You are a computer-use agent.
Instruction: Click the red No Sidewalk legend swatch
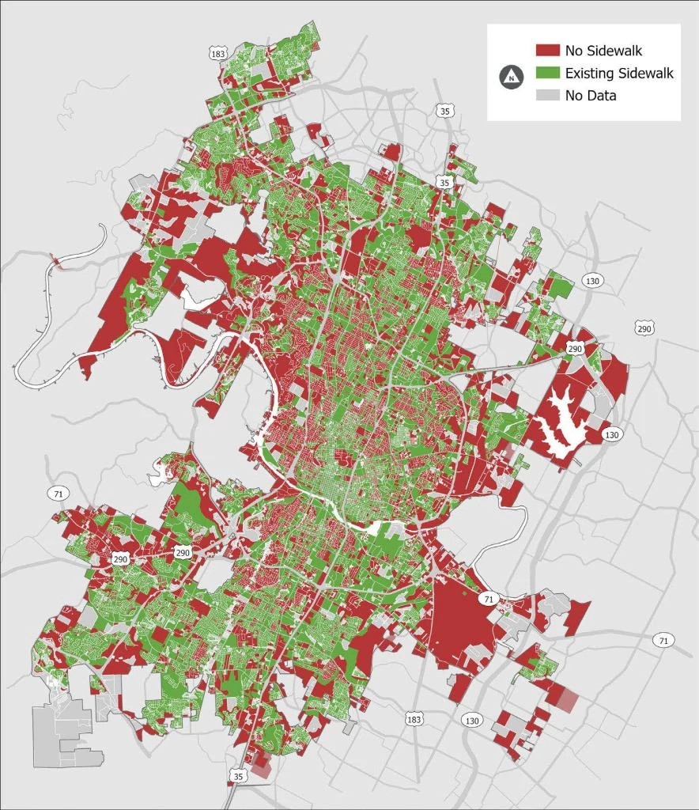pos(547,51)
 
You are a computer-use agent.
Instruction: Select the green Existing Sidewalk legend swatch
pos(547,74)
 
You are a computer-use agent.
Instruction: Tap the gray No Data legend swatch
pos(547,96)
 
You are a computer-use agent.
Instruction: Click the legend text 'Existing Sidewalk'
pos(619,74)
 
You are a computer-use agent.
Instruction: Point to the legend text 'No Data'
pos(591,96)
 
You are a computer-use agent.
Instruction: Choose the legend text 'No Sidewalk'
pos(603,51)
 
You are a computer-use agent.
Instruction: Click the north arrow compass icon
pos(512,77)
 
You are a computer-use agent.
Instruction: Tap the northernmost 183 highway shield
pos(218,53)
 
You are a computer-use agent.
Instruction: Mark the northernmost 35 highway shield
pos(444,112)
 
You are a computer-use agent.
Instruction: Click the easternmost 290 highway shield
pos(644,327)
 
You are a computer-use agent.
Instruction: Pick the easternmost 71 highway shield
pos(663,639)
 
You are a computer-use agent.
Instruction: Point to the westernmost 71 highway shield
pos(57,494)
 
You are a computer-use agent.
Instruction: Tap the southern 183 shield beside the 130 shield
pos(414,718)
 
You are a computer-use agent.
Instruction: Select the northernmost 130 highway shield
pos(591,281)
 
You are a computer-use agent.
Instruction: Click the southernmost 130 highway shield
pos(472,720)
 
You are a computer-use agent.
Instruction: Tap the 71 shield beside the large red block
pos(489,599)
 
